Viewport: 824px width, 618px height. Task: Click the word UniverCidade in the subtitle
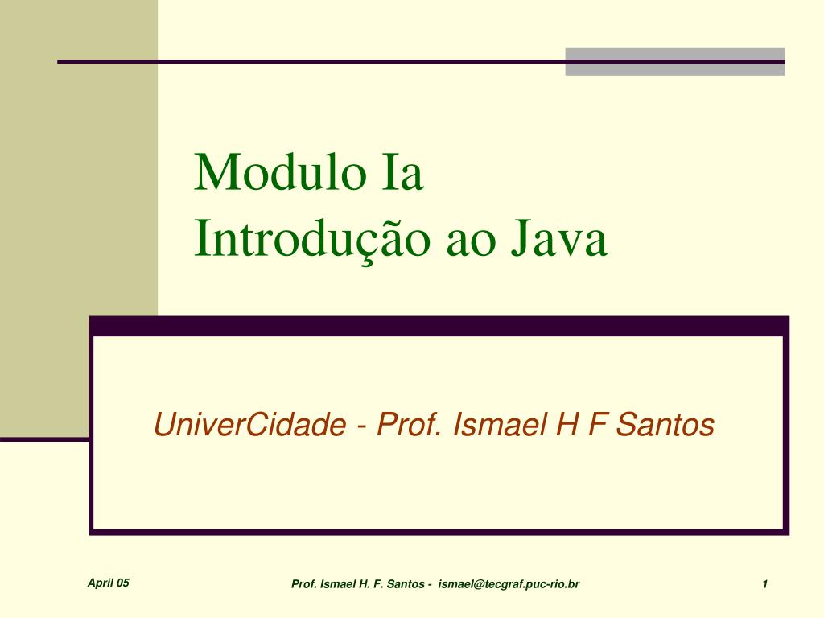pyautogui.click(x=249, y=424)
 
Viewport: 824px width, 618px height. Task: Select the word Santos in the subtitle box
pyautogui.click(x=665, y=424)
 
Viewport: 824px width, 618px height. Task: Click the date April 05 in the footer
pyautogui.click(x=109, y=583)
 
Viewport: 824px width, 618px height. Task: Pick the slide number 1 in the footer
pyautogui.click(x=764, y=584)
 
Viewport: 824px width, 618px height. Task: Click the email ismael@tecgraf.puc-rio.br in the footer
pyautogui.click(x=509, y=584)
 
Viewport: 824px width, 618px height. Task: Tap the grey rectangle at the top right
pyautogui.click(x=674, y=61)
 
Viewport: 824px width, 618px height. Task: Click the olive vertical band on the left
pyautogui.click(x=79, y=241)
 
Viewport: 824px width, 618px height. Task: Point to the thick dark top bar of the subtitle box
pyautogui.click(x=439, y=326)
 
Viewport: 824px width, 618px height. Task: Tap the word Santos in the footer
pyautogui.click(x=406, y=584)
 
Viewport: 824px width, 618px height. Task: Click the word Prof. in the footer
pyautogui.click(x=304, y=584)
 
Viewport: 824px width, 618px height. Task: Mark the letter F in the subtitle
pyautogui.click(x=595, y=424)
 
